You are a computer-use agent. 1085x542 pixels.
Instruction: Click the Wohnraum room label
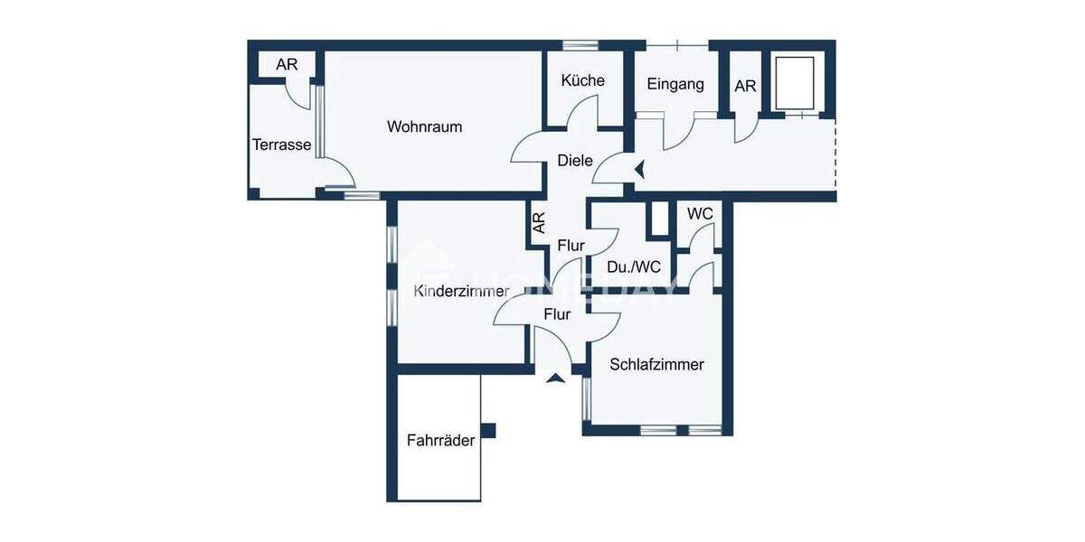click(424, 126)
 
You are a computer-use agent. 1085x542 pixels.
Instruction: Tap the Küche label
click(582, 80)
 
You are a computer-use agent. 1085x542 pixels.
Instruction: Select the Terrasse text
click(281, 145)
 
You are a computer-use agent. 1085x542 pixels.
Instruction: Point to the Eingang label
click(675, 84)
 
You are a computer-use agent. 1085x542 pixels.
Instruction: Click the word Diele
click(575, 161)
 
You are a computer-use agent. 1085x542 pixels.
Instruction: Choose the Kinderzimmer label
click(461, 291)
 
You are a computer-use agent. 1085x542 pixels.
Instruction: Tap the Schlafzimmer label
click(656, 365)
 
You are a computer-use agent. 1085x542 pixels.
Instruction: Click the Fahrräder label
click(440, 441)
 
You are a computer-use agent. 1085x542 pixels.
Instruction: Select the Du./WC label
click(633, 267)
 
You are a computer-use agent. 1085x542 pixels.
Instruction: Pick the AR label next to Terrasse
click(287, 65)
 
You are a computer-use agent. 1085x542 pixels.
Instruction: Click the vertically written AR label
click(539, 223)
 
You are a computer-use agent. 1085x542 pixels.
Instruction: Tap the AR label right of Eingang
click(745, 87)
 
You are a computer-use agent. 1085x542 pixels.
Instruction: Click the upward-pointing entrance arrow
click(555, 377)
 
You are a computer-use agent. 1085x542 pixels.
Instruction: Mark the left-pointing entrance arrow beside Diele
click(639, 168)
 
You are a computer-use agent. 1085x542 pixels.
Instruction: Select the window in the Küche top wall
click(580, 44)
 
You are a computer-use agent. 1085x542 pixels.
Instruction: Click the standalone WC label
click(700, 214)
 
